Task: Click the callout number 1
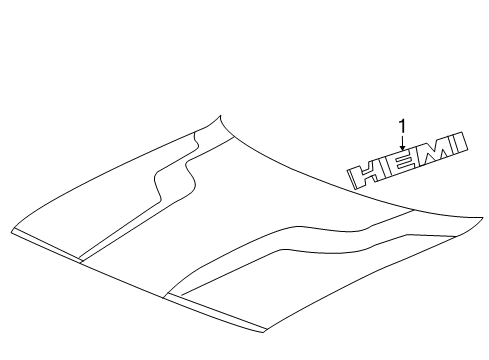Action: (401, 126)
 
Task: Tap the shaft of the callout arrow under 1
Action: (401, 142)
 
